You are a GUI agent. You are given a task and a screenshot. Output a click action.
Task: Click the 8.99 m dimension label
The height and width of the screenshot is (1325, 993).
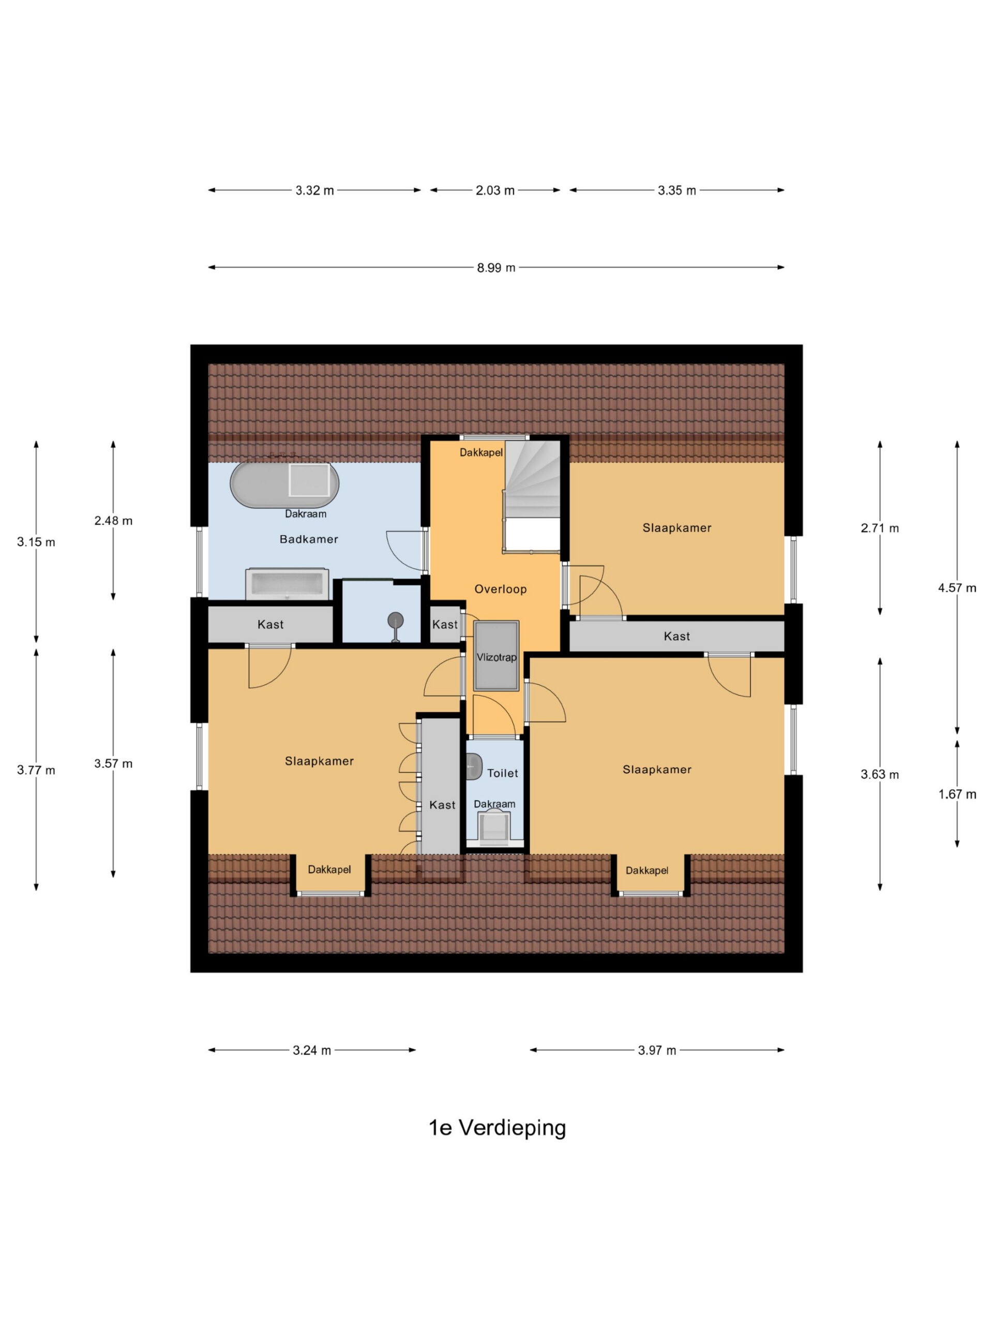(x=495, y=268)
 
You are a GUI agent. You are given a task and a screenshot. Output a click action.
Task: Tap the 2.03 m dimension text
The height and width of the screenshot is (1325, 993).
(x=495, y=190)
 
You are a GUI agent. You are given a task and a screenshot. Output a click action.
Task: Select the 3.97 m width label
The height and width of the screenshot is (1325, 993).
(x=657, y=1050)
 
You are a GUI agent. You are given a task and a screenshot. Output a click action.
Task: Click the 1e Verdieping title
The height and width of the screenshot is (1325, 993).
(x=497, y=1128)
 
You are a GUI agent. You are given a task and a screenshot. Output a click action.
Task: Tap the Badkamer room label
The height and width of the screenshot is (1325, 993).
(x=309, y=539)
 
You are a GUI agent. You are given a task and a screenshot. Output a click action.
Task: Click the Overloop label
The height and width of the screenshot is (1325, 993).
(x=501, y=589)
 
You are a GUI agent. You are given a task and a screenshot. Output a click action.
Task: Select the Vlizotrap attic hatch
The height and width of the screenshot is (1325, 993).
(x=496, y=656)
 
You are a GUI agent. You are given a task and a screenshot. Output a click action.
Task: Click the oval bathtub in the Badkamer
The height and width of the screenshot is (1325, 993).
(x=284, y=484)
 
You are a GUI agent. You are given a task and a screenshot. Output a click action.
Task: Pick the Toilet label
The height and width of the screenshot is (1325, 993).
(x=502, y=773)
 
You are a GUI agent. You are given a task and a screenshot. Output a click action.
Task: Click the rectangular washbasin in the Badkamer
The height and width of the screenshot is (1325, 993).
(x=287, y=584)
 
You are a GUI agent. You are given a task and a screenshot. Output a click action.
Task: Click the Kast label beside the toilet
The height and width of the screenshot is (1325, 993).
(x=442, y=805)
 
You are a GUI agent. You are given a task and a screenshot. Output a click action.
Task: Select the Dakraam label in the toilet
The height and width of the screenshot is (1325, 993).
(x=494, y=804)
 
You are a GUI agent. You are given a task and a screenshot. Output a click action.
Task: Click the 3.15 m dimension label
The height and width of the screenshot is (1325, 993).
(x=36, y=542)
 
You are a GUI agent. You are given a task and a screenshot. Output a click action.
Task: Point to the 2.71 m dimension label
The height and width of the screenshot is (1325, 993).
(x=879, y=528)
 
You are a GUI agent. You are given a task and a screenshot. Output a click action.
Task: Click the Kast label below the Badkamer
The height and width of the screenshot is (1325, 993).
(x=270, y=624)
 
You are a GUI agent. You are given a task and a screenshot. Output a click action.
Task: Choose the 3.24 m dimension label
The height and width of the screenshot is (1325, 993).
(x=312, y=1050)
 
